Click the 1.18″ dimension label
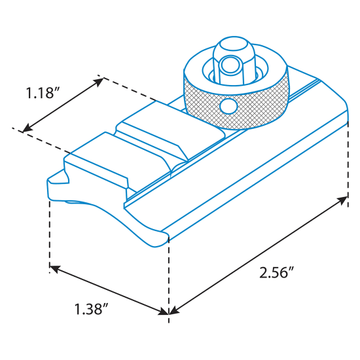43,93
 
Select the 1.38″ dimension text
91,309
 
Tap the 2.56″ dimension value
277,272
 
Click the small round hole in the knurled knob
228,106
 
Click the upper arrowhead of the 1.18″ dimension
98,82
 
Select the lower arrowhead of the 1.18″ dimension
27,128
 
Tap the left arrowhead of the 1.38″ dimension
54,268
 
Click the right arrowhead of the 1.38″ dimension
164,312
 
